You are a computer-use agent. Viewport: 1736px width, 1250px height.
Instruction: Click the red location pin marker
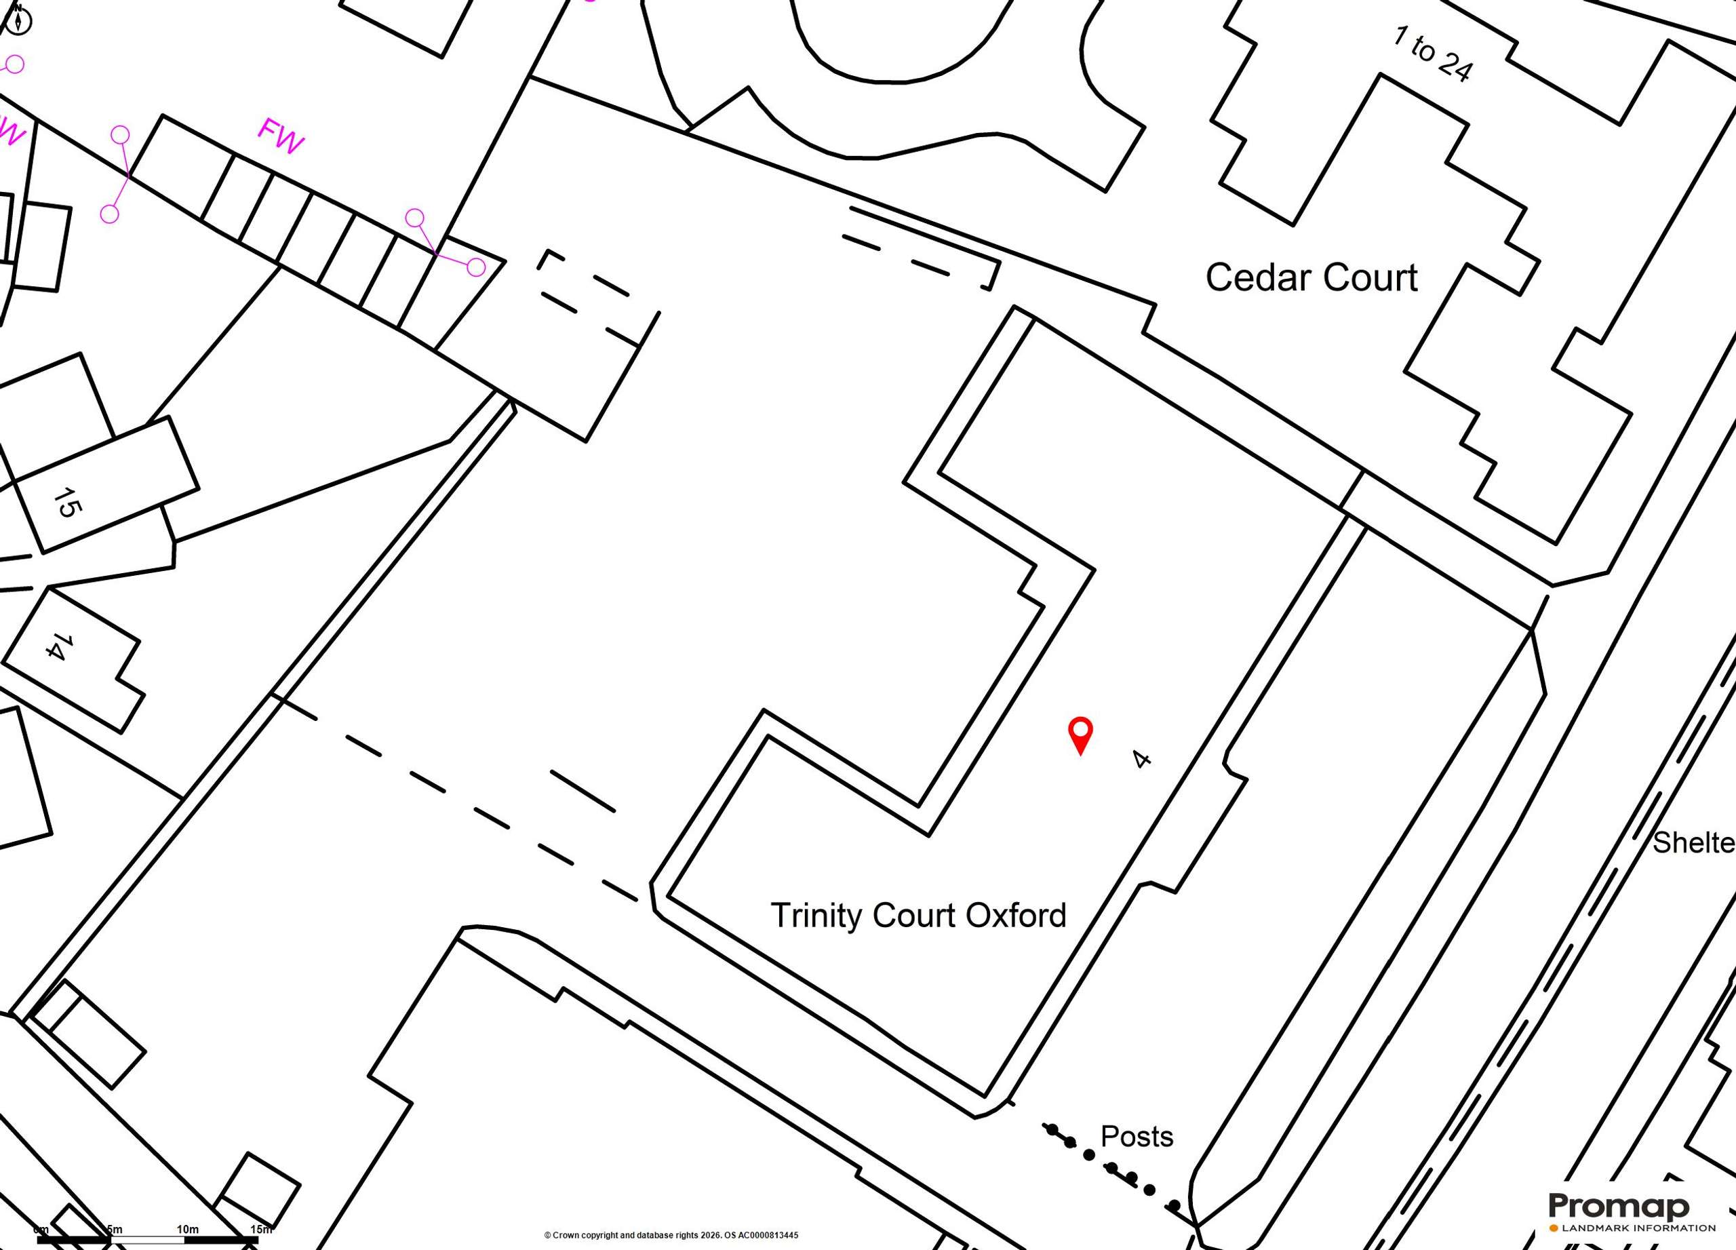pos(1080,735)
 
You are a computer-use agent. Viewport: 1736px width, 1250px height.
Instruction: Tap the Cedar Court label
pos(1311,277)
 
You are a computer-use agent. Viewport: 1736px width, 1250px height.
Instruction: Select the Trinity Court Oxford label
pos(918,916)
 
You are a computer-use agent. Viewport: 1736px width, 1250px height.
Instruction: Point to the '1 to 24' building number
pos(1432,54)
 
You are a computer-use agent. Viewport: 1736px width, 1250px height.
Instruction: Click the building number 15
pos(67,502)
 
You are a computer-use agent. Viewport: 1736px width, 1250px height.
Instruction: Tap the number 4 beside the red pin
pos(1141,760)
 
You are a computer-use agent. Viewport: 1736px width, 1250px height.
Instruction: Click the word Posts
pos(1137,1137)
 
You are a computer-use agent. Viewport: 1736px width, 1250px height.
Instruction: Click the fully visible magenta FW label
pos(280,136)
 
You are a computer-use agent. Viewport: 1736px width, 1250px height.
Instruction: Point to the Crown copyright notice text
pos(671,1234)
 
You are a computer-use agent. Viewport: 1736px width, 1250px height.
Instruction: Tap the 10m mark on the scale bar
pos(188,1230)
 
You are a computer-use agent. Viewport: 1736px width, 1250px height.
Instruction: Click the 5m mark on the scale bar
pos(114,1230)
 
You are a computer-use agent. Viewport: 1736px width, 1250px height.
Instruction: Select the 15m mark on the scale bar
pos(260,1230)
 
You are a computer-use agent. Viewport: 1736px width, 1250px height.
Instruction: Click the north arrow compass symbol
pos(18,20)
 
